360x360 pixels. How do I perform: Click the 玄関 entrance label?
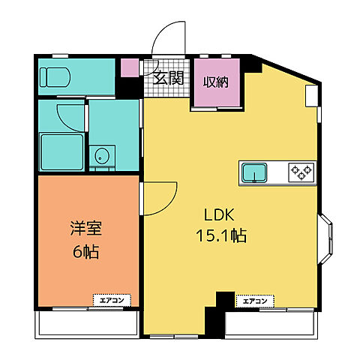[x=169, y=76]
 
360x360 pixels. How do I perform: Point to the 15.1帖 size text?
[x=220, y=235]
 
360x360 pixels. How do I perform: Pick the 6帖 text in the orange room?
[x=87, y=251]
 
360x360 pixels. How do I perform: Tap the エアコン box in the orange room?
[x=112, y=300]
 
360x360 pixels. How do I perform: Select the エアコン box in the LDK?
[x=253, y=301]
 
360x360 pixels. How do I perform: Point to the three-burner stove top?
[x=301, y=172]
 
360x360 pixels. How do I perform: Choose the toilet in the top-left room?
[x=55, y=76]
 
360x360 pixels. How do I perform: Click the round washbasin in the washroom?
[x=100, y=157]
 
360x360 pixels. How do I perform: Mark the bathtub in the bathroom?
[x=62, y=151]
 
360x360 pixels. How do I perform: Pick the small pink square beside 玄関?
[x=130, y=67]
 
